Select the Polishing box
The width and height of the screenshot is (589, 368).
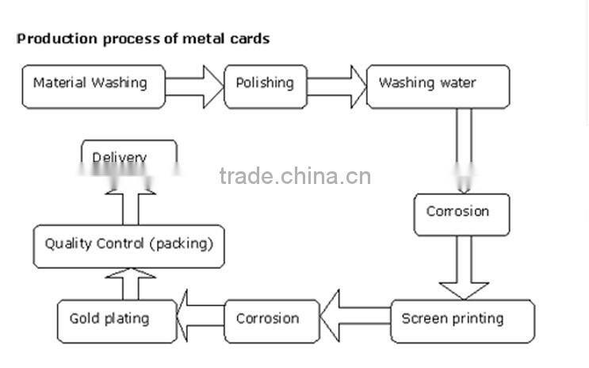click(x=265, y=83)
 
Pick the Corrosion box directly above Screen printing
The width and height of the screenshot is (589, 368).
click(x=461, y=213)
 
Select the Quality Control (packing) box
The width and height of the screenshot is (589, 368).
click(x=128, y=244)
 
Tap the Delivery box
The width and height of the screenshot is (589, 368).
click(x=127, y=155)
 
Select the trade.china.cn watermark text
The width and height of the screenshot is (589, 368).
click(x=295, y=175)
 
